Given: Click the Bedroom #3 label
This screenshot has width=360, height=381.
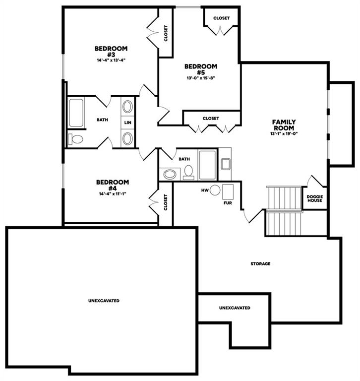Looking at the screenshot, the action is pyautogui.click(x=111, y=52).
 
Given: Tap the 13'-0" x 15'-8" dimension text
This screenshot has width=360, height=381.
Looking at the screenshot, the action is pyautogui.click(x=201, y=78).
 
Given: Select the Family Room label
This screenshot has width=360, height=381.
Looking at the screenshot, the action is pyautogui.click(x=284, y=125).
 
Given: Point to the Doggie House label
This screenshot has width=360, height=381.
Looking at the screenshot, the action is pyautogui.click(x=314, y=198).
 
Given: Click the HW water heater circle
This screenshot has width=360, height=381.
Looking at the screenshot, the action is pyautogui.click(x=215, y=190).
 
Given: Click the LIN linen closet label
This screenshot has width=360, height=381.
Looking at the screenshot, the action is pyautogui.click(x=127, y=123).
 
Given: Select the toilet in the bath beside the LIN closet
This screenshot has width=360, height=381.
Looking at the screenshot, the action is pyautogui.click(x=76, y=139).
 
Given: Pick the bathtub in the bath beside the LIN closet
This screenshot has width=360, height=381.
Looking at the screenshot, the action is pyautogui.click(x=76, y=113).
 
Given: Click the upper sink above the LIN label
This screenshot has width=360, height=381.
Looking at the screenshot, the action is pyautogui.click(x=127, y=107).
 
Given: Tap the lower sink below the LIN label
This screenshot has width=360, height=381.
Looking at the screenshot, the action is pyautogui.click(x=127, y=139).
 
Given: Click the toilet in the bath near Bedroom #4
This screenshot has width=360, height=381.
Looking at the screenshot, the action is pyautogui.click(x=188, y=172).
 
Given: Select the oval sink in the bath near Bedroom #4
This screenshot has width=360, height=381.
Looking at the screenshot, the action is pyautogui.click(x=170, y=175).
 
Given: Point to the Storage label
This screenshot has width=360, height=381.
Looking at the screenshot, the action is pyautogui.click(x=260, y=263).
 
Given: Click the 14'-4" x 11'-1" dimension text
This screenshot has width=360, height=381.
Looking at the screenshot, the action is pyautogui.click(x=113, y=194).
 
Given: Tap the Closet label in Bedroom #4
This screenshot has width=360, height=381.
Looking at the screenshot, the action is pyautogui.click(x=166, y=202).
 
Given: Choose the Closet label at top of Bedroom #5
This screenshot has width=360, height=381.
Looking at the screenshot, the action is pyautogui.click(x=221, y=18).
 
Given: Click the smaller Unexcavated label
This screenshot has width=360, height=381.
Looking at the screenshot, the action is pyautogui.click(x=235, y=308).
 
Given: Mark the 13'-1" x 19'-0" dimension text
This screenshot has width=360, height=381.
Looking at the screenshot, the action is pyautogui.click(x=284, y=133).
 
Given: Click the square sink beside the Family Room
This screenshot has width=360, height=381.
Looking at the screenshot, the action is pyautogui.click(x=226, y=164).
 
